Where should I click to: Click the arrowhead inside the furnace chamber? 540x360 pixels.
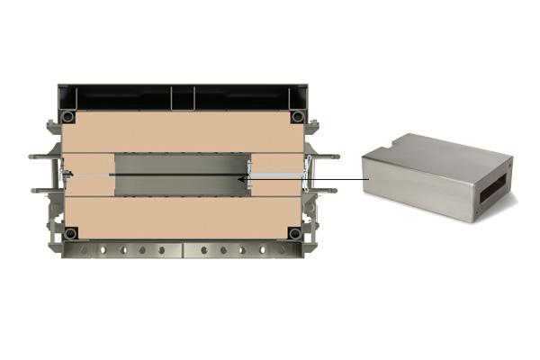click(240, 179)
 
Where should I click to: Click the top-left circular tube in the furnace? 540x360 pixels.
click(67, 117)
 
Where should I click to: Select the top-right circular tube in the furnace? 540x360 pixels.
click(296, 117)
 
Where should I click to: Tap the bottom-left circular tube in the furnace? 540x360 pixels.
click(70, 233)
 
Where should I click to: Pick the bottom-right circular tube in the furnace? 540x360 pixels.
click(293, 233)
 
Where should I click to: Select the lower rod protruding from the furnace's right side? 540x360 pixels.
click(326, 190)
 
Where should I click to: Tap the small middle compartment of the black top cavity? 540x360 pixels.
click(183, 96)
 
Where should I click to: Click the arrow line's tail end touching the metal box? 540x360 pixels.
click(367, 179)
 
